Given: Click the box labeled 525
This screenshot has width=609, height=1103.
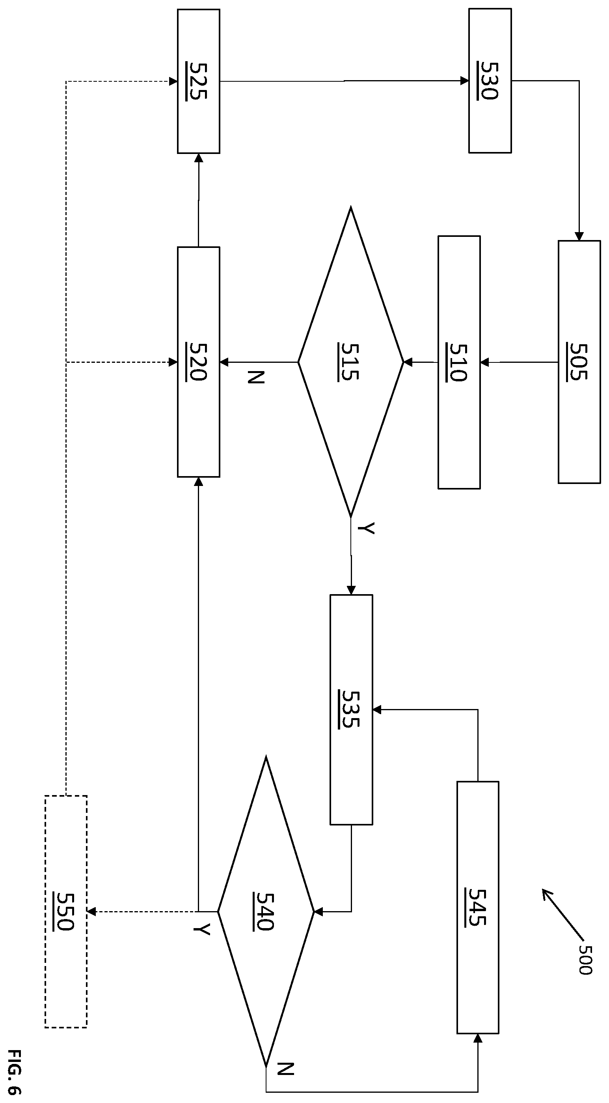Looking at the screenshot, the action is (x=198, y=81).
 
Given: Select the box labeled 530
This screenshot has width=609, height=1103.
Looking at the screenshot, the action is (x=490, y=81).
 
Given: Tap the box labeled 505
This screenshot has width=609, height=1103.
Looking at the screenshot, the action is (x=579, y=362).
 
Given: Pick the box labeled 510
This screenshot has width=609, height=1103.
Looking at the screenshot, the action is (x=459, y=362).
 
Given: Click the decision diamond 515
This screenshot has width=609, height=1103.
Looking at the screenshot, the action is (x=351, y=362).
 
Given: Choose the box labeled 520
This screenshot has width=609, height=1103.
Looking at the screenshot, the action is (x=198, y=362).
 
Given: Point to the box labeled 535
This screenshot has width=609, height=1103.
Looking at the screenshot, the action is (x=351, y=709).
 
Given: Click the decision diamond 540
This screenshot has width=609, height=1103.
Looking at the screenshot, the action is (x=266, y=912).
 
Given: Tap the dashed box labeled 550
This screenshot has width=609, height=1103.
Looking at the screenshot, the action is (x=66, y=912).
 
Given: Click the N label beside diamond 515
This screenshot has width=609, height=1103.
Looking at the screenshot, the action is (x=256, y=377).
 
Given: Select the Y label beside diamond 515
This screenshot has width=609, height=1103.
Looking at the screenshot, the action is (x=366, y=528).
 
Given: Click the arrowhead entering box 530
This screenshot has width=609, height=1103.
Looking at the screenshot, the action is (x=464, y=81).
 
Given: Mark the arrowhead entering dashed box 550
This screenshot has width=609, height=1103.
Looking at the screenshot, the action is (x=91, y=912).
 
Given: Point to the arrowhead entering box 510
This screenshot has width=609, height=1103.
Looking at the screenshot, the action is (x=484, y=362).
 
